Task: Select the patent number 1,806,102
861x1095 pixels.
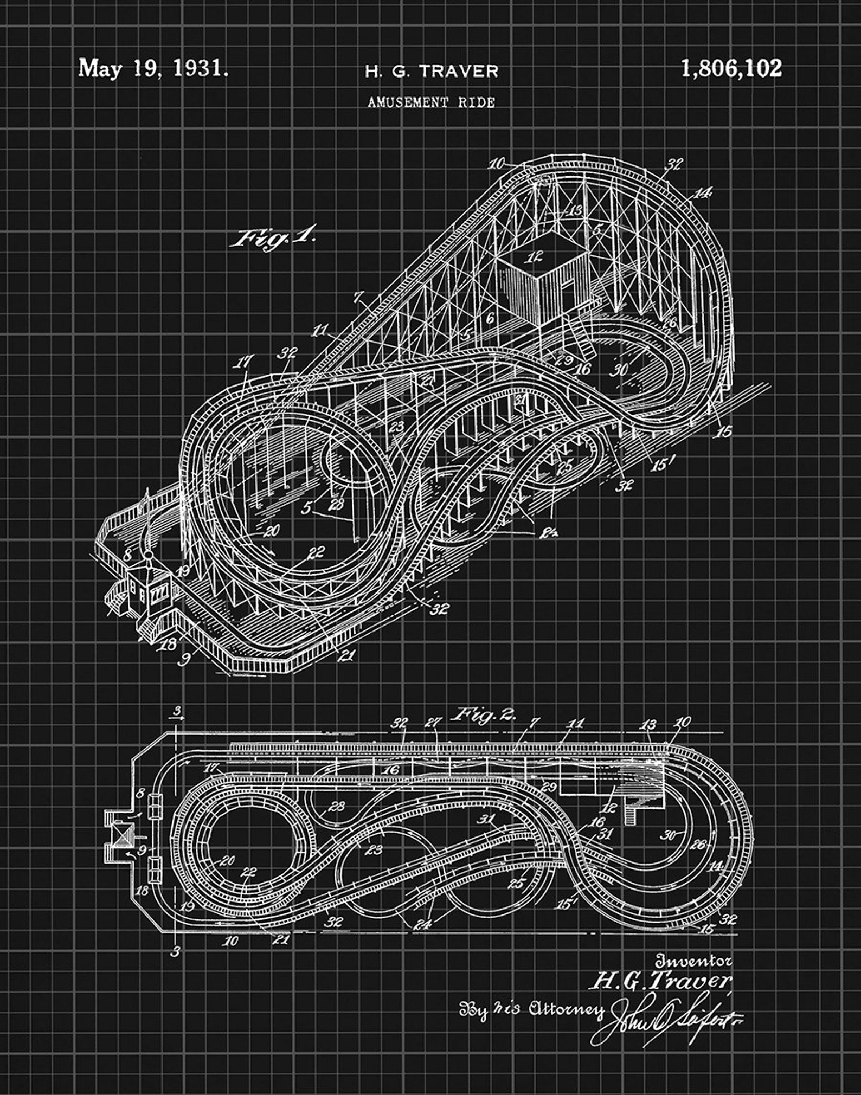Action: click(x=731, y=69)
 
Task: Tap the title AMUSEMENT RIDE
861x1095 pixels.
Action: click(x=431, y=102)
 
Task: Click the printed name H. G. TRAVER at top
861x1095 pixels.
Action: click(x=431, y=71)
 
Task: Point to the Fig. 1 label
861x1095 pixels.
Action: click(x=273, y=238)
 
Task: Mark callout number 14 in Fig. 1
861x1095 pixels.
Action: click(x=702, y=193)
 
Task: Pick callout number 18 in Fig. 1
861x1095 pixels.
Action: click(x=169, y=644)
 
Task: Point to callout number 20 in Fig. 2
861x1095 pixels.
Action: click(x=227, y=860)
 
